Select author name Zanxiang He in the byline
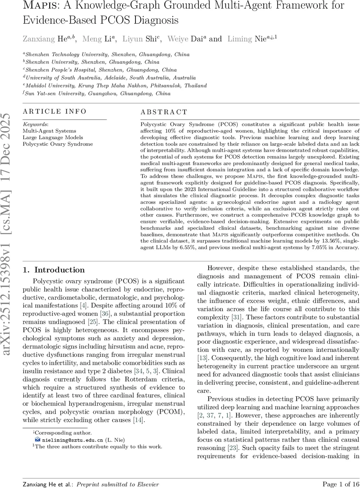coord(44,39)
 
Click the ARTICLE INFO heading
coord(55,111)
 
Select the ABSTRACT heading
coord(164,112)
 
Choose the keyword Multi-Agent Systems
coord(49,131)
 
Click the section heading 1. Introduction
coord(54,270)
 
